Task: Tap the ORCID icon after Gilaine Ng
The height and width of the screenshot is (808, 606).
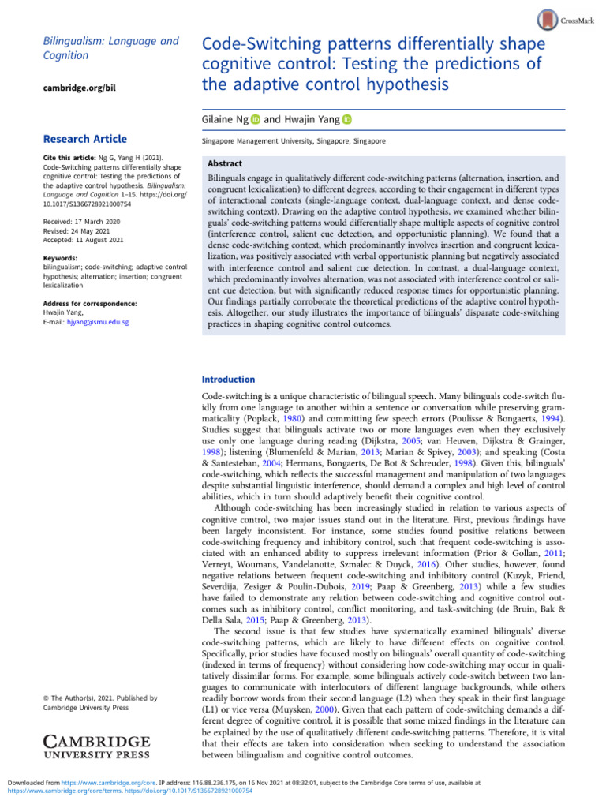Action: [256, 119]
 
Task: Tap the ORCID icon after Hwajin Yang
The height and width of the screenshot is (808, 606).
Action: [346, 119]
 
